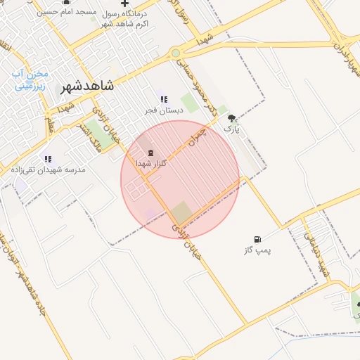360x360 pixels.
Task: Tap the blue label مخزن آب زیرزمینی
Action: [30, 81]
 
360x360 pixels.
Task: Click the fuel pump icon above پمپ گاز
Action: [258, 239]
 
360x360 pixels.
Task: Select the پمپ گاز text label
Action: [258, 250]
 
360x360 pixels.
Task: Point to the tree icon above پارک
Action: [232, 119]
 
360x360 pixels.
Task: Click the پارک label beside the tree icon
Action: [232, 129]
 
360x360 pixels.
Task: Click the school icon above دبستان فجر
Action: [164, 100]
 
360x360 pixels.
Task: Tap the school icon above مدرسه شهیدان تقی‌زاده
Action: [48, 159]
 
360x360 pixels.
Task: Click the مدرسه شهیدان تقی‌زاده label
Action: [48, 170]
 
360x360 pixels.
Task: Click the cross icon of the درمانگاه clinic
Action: [124, 4]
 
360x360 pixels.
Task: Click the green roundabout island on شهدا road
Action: [175, 53]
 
